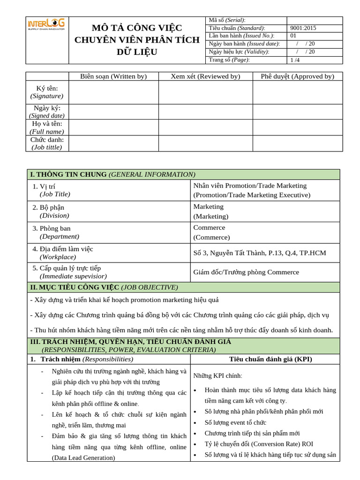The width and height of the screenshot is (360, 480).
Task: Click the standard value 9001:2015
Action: pyautogui.click(x=303, y=28)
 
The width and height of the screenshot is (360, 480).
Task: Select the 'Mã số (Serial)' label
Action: pyautogui.click(x=227, y=20)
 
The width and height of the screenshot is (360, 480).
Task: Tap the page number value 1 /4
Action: pyautogui.click(x=295, y=60)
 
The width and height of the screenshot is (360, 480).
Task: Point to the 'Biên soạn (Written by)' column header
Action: pyautogui.click(x=113, y=76)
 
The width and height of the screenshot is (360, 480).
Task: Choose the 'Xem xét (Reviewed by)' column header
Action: pyautogui.click(x=205, y=76)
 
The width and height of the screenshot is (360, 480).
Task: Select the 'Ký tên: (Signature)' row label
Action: pyautogui.click(x=47, y=92)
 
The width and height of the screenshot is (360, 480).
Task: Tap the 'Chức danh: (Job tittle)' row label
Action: pyautogui.click(x=47, y=143)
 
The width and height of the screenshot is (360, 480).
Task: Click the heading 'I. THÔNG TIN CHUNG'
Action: pyautogui.click(x=68, y=174)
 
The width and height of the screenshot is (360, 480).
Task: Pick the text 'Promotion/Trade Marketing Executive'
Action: pyautogui.click(x=252, y=195)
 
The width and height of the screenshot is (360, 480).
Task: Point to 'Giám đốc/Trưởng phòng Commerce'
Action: pyautogui.click(x=246, y=272)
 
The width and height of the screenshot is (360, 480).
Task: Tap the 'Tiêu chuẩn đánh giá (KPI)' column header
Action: pyautogui.click(x=270, y=359)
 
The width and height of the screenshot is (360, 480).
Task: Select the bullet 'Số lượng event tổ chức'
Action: pyautogui.click(x=235, y=422)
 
